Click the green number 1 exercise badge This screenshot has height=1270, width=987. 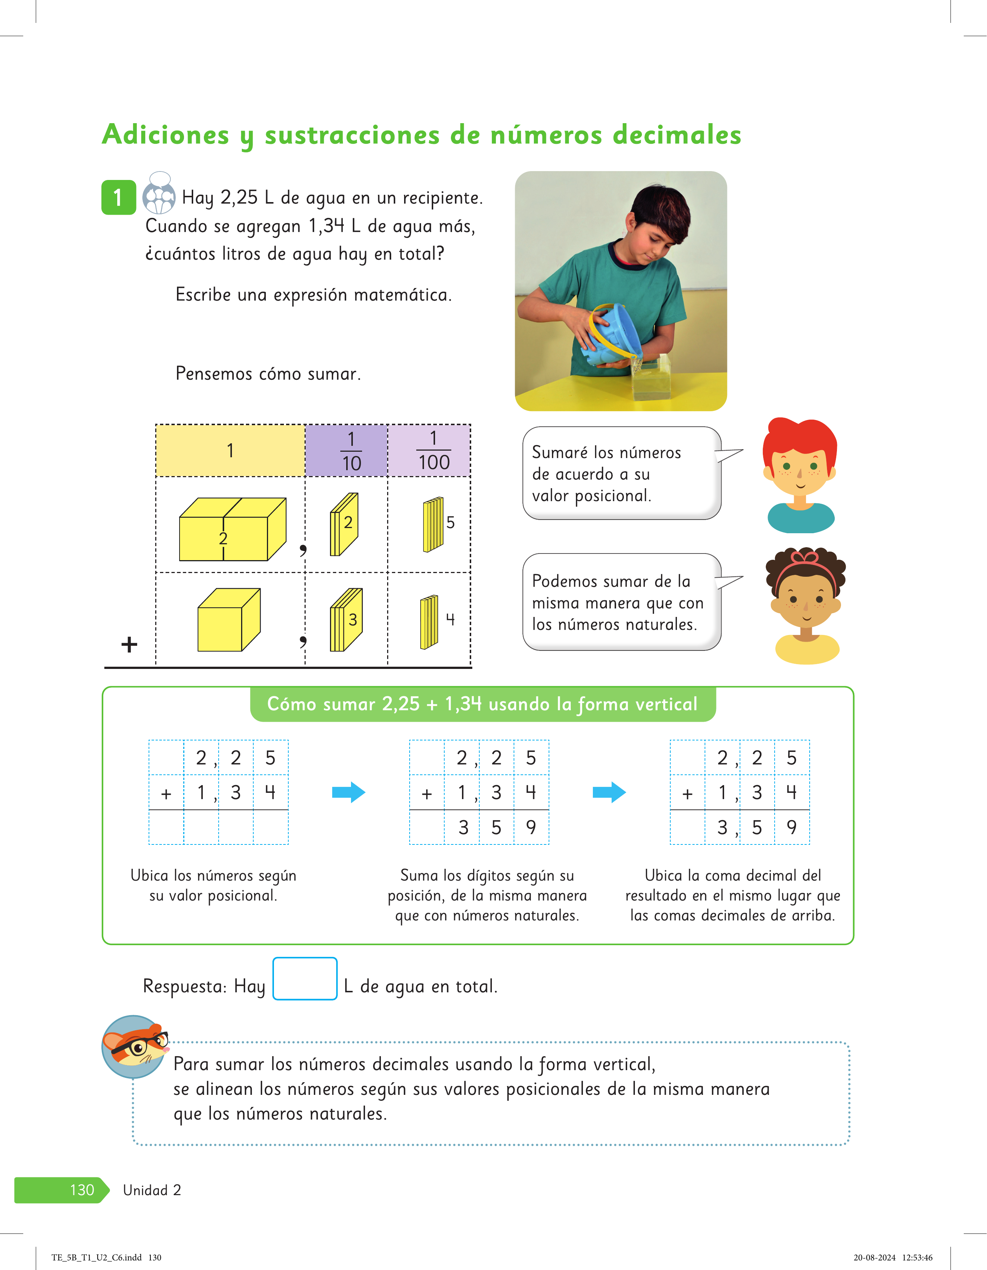pos(119,197)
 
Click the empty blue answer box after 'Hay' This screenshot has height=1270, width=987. pos(305,979)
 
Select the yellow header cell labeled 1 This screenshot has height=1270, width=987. pos(230,451)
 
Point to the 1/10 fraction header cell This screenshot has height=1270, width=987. pos(347,451)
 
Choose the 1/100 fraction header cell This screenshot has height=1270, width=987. pos(429,451)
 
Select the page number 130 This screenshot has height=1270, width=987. pos(82,1190)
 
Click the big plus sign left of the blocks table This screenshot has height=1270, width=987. pos(129,644)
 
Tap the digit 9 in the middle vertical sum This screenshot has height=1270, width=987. pos(531,827)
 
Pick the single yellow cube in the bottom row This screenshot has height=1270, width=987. pos(229,620)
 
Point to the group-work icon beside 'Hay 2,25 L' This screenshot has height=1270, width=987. pos(159,194)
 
